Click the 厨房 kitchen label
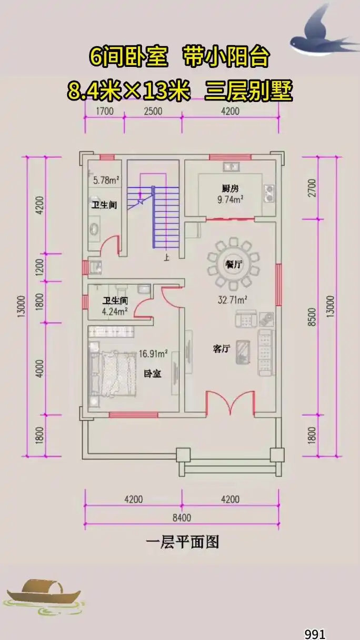pos(227,188)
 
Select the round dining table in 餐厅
pos(233,264)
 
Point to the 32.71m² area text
pos(233,301)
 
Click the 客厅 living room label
pos(221,349)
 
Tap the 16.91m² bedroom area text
pos(153,353)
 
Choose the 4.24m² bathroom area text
pos(115,311)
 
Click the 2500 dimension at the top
pos(153,111)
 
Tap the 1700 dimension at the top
pos(104,111)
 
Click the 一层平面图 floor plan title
pos(182,542)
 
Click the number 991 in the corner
pos(315,634)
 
